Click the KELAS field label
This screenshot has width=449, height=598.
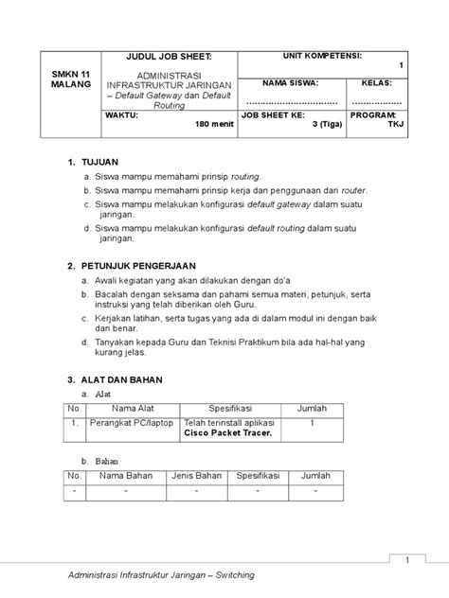376,83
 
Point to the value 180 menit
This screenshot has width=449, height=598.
214,124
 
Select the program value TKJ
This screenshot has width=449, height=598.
397,124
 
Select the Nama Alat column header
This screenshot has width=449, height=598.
133,408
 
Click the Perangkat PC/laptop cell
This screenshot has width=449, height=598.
132,424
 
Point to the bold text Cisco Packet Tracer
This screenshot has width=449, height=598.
227,433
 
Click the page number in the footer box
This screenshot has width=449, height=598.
406,561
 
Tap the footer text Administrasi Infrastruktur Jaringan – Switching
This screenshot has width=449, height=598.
162,576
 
